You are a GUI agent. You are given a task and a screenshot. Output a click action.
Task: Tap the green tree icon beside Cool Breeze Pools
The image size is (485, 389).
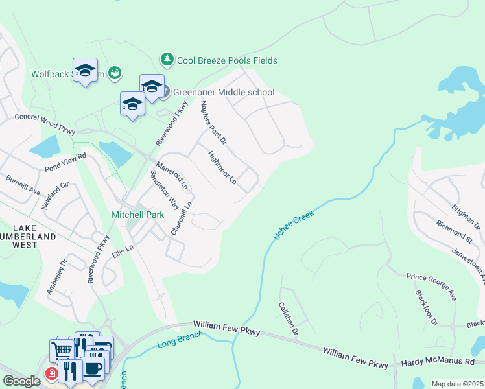point(167,60)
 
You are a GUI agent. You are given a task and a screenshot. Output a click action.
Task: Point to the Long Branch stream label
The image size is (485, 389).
point(180,340)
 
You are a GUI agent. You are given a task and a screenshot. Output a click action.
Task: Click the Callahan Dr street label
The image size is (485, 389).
point(288,318)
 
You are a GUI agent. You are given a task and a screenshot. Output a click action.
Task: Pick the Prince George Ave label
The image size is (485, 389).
point(431,286)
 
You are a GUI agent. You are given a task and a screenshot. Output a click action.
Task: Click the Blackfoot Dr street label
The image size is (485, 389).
point(426,308)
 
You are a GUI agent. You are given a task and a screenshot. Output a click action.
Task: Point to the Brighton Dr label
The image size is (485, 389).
point(466,216)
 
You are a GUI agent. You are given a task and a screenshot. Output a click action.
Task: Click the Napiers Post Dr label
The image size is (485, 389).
point(213,122)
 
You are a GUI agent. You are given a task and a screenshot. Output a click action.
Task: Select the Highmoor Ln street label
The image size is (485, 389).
point(222,167)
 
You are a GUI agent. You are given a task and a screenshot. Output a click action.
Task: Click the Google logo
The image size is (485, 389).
point(21,381)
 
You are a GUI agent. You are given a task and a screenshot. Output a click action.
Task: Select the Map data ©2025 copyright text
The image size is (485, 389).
point(457,384)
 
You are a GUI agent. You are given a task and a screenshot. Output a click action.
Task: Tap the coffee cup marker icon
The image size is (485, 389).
point(93,368)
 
